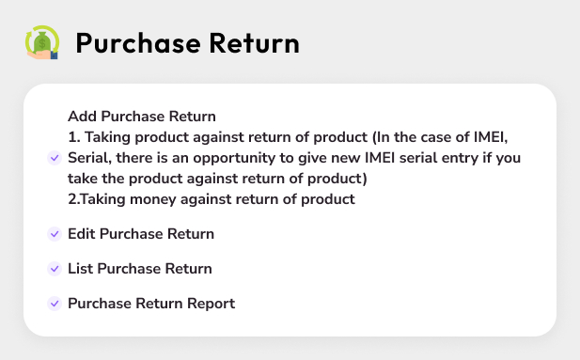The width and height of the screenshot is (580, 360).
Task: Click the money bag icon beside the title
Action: (x=41, y=42)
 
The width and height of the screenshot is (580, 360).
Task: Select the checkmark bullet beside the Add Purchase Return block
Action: (x=54, y=158)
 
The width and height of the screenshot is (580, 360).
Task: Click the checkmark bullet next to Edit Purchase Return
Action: (x=54, y=234)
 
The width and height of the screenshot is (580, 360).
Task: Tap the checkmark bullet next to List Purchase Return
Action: (x=54, y=269)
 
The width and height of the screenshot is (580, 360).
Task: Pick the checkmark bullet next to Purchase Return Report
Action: (x=54, y=304)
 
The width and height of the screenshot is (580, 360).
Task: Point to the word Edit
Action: (x=82, y=234)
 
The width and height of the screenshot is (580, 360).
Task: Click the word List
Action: (x=80, y=269)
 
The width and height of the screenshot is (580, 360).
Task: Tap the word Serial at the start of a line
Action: (x=88, y=158)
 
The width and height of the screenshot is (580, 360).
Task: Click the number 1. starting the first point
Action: (x=73, y=137)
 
